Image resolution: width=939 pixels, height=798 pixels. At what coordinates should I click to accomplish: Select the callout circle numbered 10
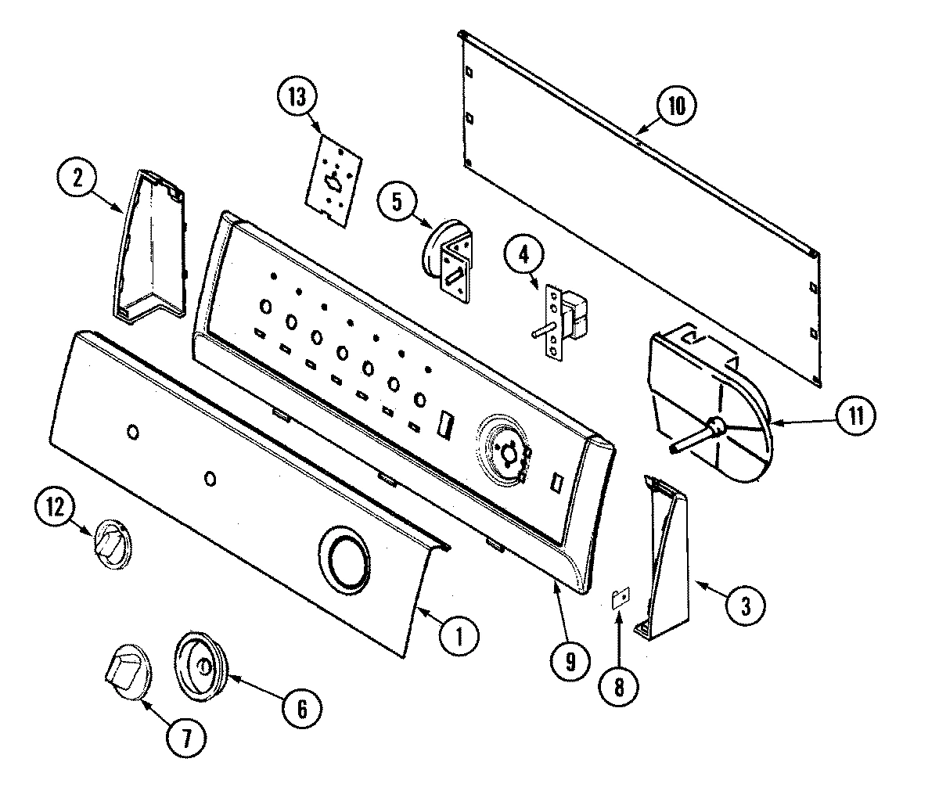coord(677,106)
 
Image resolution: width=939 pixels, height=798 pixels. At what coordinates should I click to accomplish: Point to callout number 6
coord(301,709)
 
